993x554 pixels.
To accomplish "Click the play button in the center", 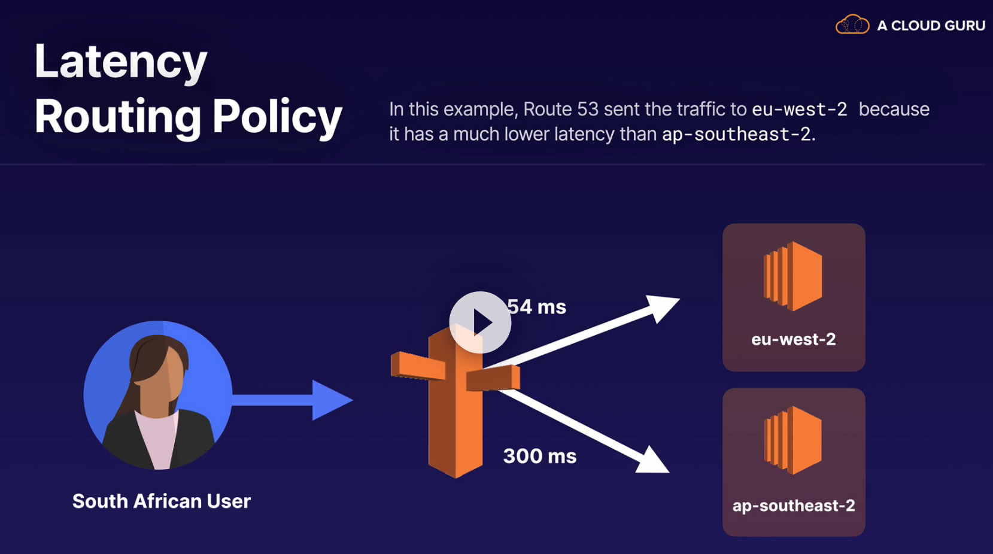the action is [480, 322].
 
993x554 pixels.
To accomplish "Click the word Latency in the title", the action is [121, 62].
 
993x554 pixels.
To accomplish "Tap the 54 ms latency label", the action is [537, 307].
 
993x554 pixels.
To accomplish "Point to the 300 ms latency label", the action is [539, 456].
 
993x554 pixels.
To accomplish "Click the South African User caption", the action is [162, 501].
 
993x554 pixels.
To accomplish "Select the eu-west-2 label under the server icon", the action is [793, 339].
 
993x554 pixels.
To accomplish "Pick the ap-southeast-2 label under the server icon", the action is [794, 506].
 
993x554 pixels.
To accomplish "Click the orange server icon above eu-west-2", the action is [792, 276].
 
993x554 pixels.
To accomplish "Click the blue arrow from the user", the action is [293, 400].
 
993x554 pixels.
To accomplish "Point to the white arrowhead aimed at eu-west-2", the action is [662, 308].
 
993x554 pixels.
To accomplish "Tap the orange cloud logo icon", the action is [852, 25].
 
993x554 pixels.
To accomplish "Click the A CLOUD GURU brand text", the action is [931, 26].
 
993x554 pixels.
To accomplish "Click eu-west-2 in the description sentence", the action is [799, 109].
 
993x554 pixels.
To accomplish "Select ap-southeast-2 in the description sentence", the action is [736, 134].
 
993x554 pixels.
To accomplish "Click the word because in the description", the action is [894, 109].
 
